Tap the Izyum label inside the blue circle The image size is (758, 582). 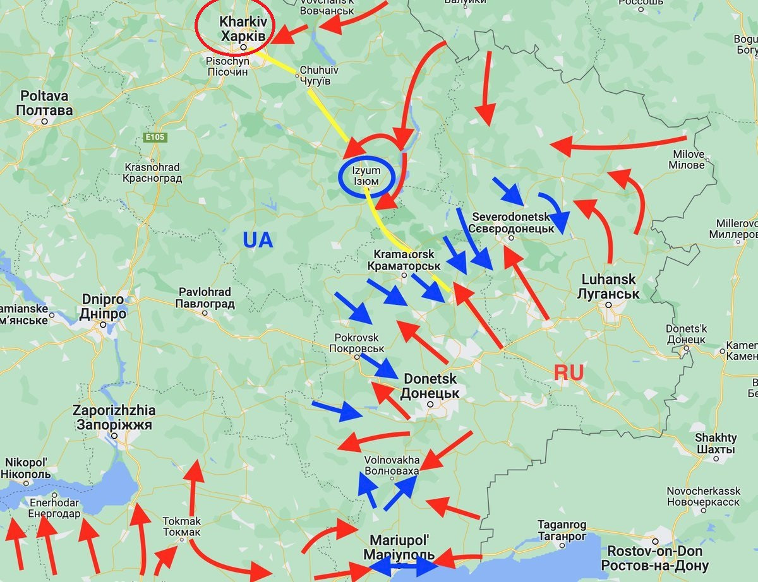(x=366, y=175)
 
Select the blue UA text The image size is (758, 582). (x=258, y=240)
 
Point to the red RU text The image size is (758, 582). (x=568, y=372)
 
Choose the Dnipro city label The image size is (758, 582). (x=104, y=306)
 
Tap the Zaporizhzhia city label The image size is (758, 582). (x=114, y=417)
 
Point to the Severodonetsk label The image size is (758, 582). (x=512, y=222)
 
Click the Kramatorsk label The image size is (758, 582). (x=404, y=259)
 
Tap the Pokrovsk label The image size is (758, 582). (x=357, y=343)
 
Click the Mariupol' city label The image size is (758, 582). (x=400, y=547)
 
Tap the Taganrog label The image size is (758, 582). (x=562, y=530)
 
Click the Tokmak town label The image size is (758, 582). (x=182, y=526)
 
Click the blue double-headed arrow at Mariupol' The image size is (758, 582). (x=404, y=567)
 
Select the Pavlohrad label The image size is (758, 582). (x=206, y=298)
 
